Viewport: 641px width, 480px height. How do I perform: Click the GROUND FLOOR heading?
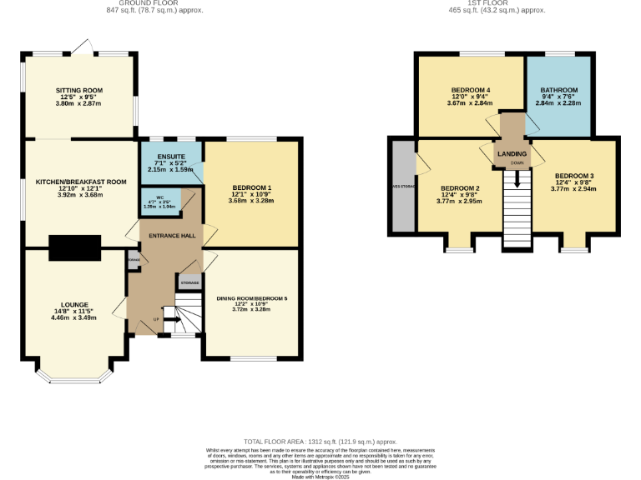click(165, 3)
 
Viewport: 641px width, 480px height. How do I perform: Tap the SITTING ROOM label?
click(78, 89)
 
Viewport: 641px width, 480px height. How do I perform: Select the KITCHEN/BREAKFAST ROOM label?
click(80, 181)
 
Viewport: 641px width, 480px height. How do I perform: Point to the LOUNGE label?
click(73, 304)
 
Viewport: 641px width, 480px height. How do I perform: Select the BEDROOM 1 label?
click(251, 187)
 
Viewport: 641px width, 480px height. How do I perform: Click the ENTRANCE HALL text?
click(172, 236)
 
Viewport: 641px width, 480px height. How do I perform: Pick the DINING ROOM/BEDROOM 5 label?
click(251, 297)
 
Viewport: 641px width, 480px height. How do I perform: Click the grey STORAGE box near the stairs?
click(189, 283)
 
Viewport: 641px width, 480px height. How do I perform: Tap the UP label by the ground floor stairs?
click(155, 319)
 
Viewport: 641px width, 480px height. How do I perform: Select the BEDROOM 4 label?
click(471, 89)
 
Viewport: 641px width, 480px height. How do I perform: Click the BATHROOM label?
click(558, 89)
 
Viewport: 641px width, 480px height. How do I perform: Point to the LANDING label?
click(512, 155)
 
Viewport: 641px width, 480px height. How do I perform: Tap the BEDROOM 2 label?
click(459, 187)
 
